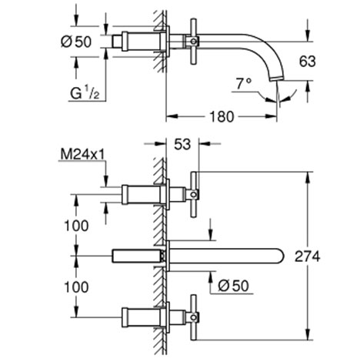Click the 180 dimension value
(x=222, y=116)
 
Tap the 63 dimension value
(x=308, y=62)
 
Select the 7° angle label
(x=244, y=84)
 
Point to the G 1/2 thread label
(x=85, y=92)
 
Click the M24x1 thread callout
(x=82, y=154)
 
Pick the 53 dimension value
(x=182, y=144)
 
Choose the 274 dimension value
(x=307, y=256)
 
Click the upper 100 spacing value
(x=76, y=226)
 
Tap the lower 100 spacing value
(x=76, y=287)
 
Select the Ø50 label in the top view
(x=76, y=42)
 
